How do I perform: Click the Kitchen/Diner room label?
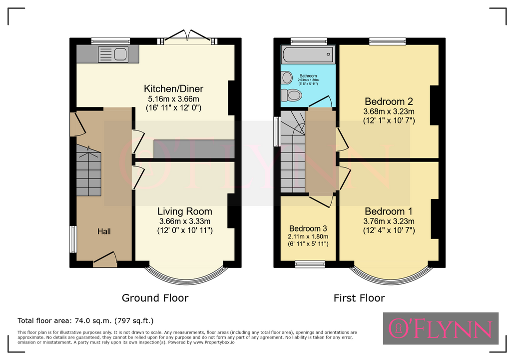pos(173,88)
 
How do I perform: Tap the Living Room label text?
pos(184,211)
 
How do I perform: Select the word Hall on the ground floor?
pos(104,231)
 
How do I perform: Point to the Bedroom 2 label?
pos(389,101)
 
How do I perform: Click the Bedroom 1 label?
pos(389,211)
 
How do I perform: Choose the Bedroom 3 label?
pos(308,228)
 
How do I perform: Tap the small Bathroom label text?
pos(308,76)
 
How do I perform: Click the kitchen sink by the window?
pos(113,54)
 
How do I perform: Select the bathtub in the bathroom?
pos(308,54)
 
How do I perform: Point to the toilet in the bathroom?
pos(291,95)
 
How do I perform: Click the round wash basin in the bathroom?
pos(287,78)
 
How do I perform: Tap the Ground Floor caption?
pos(155,298)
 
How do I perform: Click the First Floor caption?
pos(359,298)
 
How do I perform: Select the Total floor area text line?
pos(85,320)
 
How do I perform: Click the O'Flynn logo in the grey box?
pos(441,328)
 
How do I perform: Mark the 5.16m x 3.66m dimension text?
pos(173,99)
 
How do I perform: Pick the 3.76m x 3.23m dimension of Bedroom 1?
pos(389,221)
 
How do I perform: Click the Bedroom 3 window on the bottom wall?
pos(310,264)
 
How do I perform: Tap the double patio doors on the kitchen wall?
pos(187,37)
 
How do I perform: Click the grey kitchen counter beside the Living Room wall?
pos(194,149)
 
